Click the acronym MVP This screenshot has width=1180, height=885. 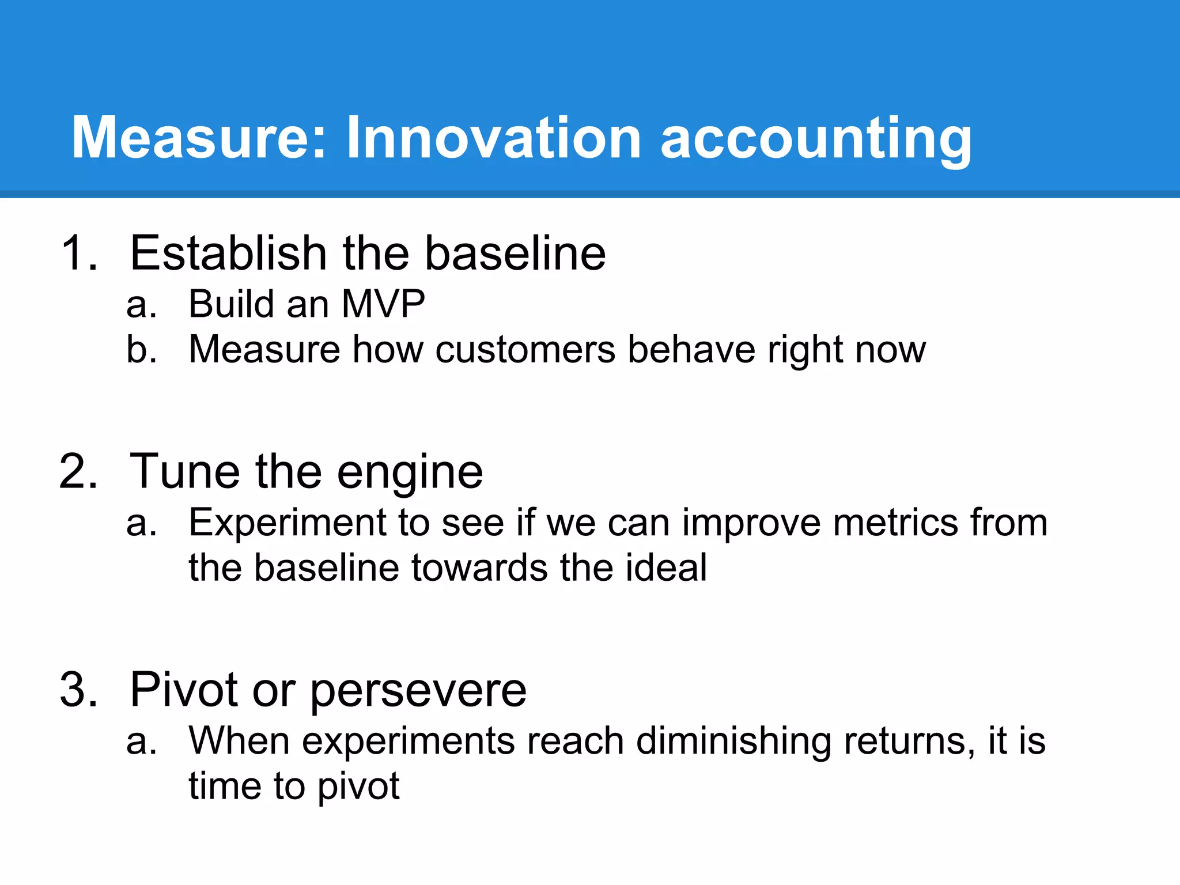tap(383, 304)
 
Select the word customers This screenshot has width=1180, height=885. tap(525, 350)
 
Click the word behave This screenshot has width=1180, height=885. tap(691, 349)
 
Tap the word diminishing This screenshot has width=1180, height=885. tap(733, 742)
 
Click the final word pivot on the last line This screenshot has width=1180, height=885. tap(358, 787)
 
